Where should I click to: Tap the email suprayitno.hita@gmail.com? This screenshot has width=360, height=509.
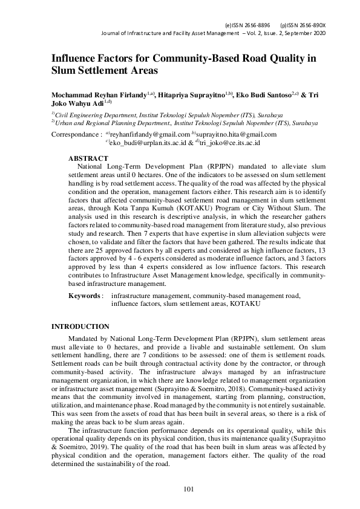pyautogui.click(x=236, y=134)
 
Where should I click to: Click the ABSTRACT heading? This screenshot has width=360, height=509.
pyautogui.click(x=88, y=158)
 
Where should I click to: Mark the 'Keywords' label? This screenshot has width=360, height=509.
pyautogui.click(x=83, y=296)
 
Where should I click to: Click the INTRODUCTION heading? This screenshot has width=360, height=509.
pyautogui.click(x=80, y=326)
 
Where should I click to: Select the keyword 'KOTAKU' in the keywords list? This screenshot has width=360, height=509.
pyautogui.click(x=245, y=303)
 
